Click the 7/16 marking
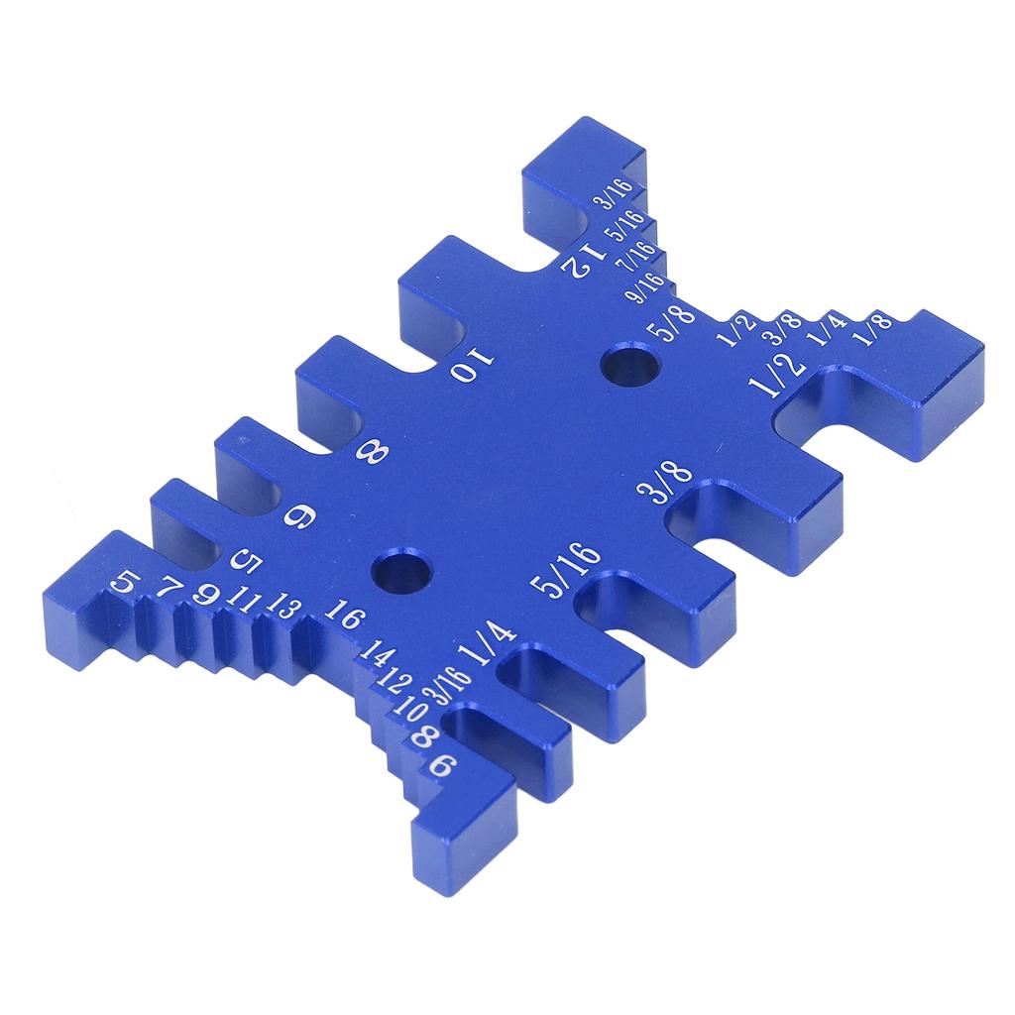click(x=635, y=257)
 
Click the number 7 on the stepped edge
click(x=171, y=592)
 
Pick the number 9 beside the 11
click(x=207, y=595)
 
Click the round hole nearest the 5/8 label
click(x=631, y=366)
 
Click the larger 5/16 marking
click(x=565, y=572)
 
